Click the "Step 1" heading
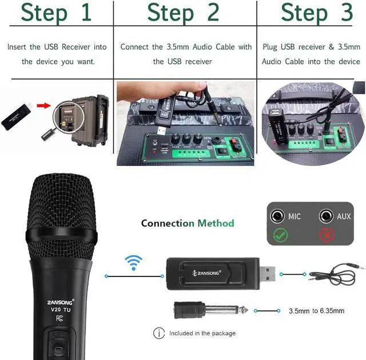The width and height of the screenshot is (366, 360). (x=56, y=13)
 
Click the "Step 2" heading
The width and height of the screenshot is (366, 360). (x=183, y=13)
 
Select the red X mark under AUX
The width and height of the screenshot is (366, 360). (x=327, y=235)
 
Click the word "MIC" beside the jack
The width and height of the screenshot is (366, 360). (x=295, y=216)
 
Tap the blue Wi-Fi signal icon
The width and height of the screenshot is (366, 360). (x=133, y=264)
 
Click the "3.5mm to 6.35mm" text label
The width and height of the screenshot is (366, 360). (x=316, y=311)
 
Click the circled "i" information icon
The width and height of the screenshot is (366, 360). (x=159, y=333)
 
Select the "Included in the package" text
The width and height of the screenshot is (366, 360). (x=202, y=333)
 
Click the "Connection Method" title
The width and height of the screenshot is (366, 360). (x=188, y=223)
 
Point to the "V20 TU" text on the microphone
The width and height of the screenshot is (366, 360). (x=59, y=309)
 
